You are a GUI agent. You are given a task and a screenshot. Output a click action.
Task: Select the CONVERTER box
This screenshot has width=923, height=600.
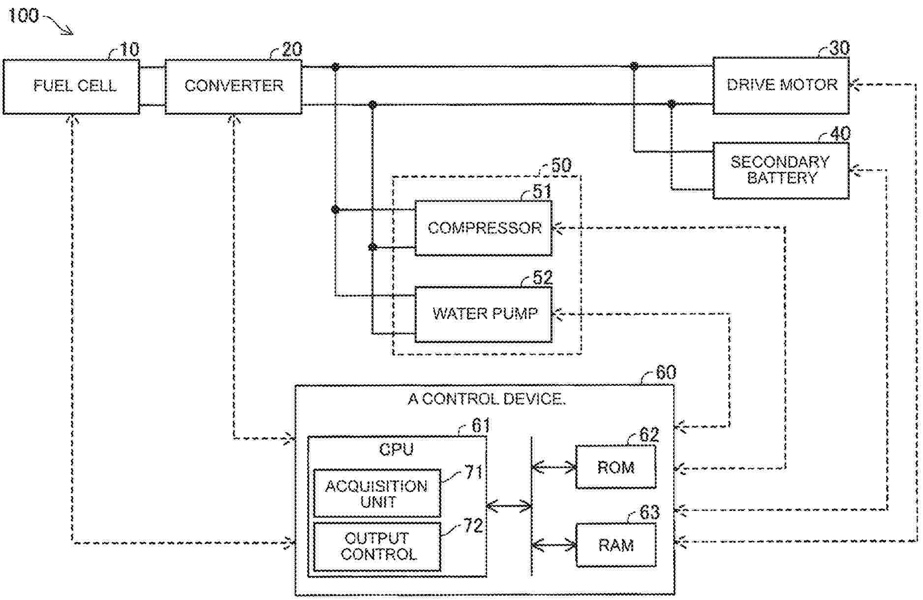click(x=233, y=87)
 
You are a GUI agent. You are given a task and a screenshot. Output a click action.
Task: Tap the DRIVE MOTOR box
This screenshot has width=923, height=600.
click(x=781, y=86)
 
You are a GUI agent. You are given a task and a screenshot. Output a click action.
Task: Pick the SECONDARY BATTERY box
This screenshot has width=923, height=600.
click(x=781, y=170)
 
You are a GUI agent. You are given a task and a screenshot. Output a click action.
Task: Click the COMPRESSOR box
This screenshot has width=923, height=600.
click(x=483, y=228)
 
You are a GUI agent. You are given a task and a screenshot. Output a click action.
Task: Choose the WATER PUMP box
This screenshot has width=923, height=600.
click(x=483, y=314)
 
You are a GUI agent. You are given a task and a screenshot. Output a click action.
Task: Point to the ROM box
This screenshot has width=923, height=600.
click(x=615, y=467)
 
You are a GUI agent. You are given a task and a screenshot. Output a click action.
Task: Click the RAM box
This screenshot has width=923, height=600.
click(x=615, y=545)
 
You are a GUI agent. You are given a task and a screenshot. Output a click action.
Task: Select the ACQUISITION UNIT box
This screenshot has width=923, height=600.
click(x=377, y=494)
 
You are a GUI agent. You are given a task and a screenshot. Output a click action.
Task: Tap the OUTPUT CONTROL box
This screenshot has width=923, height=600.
click(x=377, y=546)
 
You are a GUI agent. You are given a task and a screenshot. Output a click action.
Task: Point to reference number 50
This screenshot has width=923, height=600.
click(x=561, y=165)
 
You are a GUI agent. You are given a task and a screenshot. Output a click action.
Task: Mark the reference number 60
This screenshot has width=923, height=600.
click(x=666, y=373)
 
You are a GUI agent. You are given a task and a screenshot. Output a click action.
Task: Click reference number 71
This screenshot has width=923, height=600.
click(x=474, y=473)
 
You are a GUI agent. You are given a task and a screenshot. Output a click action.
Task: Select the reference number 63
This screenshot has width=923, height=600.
click(x=649, y=513)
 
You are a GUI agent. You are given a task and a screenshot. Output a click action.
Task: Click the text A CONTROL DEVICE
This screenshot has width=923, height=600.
click(x=486, y=399)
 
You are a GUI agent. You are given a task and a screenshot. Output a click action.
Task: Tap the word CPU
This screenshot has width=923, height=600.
click(x=396, y=449)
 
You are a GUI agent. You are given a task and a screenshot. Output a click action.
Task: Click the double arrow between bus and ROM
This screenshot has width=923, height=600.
click(x=554, y=467)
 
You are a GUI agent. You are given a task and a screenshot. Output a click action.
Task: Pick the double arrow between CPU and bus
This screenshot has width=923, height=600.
click(x=509, y=505)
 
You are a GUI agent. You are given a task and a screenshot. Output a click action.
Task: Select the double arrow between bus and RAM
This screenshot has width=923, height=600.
click(x=554, y=545)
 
